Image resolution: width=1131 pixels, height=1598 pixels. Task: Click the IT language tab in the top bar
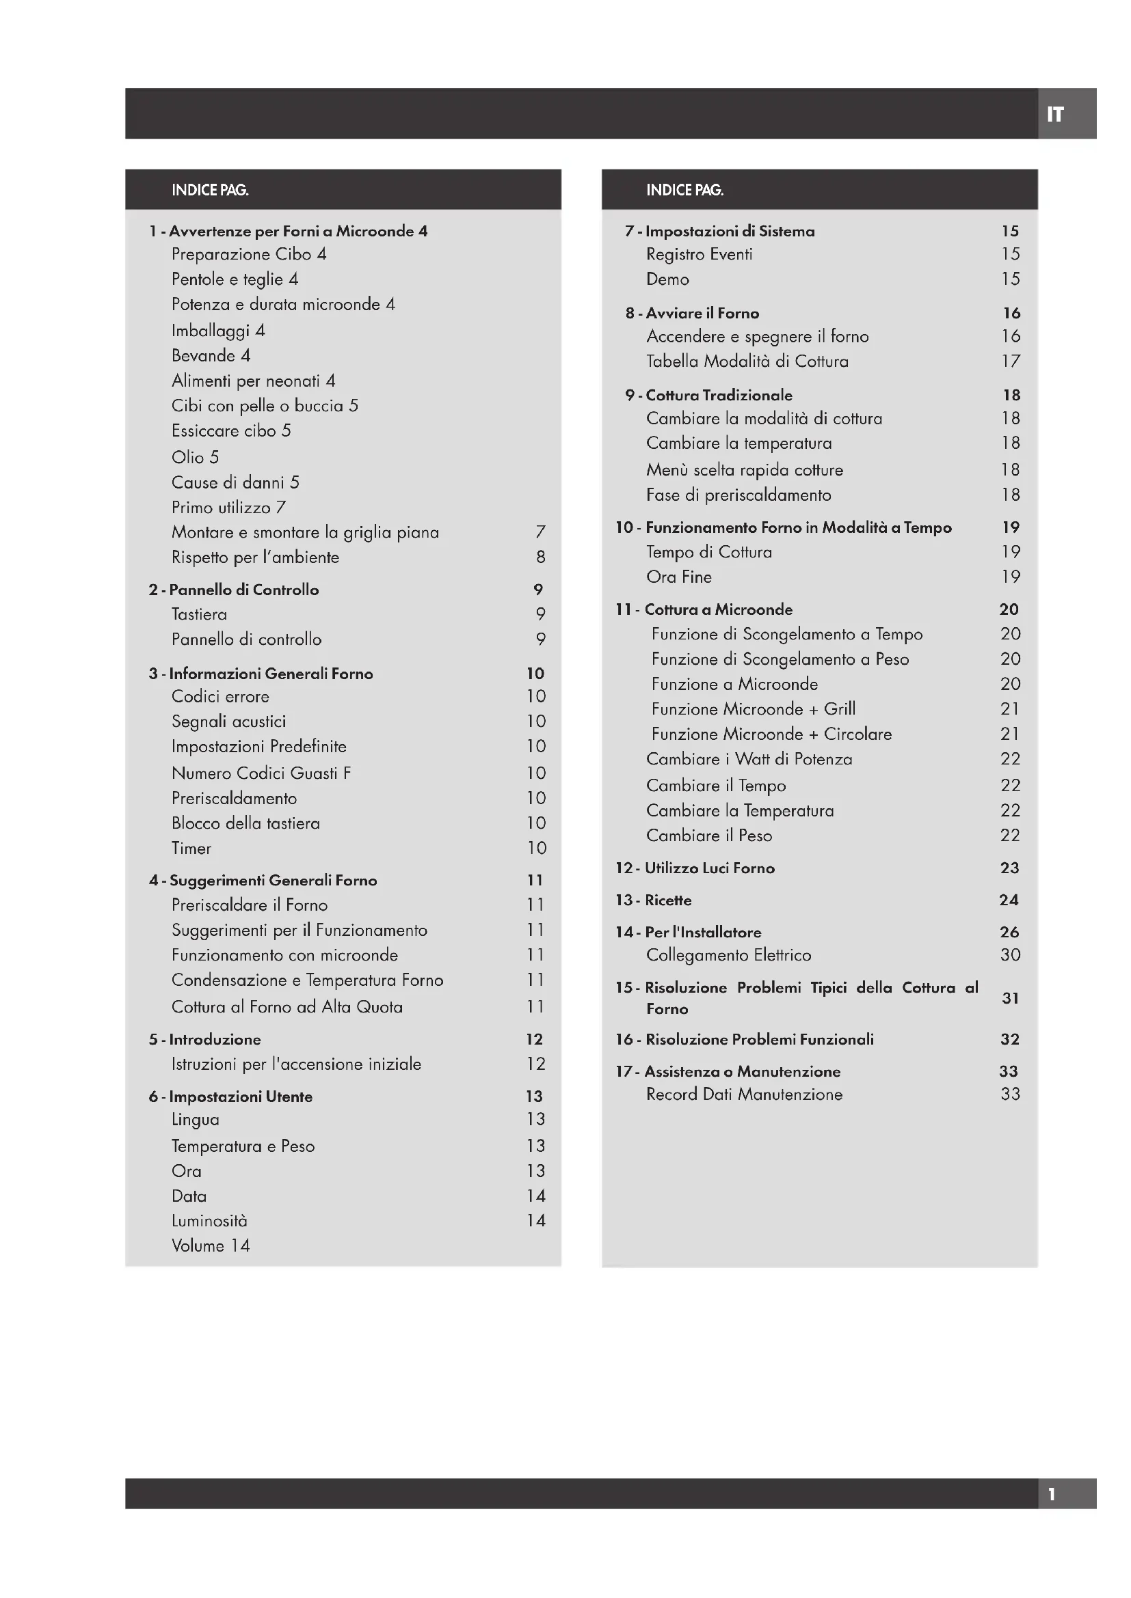coord(1055,114)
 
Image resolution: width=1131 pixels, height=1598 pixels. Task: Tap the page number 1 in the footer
coord(1052,1493)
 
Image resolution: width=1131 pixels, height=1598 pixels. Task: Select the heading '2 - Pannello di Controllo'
coord(234,590)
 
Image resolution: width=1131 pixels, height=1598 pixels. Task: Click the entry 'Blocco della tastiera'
coord(246,823)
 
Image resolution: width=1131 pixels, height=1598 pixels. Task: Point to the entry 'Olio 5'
coord(195,457)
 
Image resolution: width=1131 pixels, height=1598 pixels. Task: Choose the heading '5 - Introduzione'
coord(204,1039)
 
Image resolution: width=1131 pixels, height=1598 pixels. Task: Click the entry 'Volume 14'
coord(211,1245)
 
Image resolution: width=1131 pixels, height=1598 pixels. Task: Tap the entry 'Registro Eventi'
coord(700,254)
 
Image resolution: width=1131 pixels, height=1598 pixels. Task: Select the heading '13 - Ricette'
coord(654,900)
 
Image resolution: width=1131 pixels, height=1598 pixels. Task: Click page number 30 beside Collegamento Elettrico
coord(1010,955)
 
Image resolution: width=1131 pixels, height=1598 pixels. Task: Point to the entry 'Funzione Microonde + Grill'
coord(754,708)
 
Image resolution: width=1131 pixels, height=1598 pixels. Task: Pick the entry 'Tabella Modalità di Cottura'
coord(747,361)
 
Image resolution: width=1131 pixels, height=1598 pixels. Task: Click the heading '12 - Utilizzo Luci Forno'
coord(695,868)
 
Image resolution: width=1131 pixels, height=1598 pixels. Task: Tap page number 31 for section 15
coord(1010,998)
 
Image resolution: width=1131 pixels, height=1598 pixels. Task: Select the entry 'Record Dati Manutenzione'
coord(745,1094)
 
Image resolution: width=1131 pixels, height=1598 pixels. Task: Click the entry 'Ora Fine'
coord(679,577)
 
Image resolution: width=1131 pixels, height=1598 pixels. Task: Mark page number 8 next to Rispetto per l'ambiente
coord(540,557)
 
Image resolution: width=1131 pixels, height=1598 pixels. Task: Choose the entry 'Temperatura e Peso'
coord(243,1146)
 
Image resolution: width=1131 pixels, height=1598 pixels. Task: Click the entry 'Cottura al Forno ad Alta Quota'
coord(287,1006)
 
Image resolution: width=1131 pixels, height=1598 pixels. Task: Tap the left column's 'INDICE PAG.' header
coord(211,190)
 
